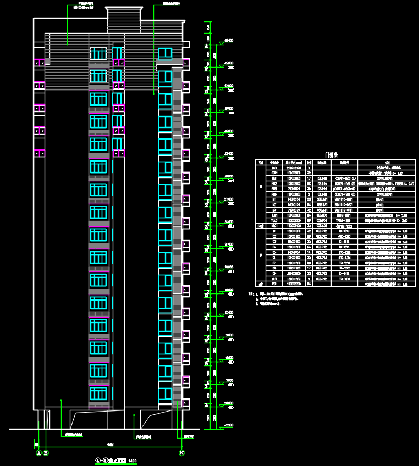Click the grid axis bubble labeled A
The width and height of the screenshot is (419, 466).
tap(38, 453)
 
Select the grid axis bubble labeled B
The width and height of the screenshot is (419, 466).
tap(46, 453)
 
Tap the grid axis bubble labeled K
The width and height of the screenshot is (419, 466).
tap(181, 453)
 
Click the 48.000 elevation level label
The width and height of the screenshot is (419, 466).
tap(229, 41)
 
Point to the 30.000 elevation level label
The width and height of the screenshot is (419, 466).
tap(229, 176)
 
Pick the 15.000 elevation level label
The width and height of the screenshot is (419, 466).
tap(229, 290)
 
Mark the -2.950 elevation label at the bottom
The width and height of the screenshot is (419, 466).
tap(229, 425)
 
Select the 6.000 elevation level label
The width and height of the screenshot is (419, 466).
tap(229, 357)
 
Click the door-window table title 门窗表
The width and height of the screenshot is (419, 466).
tap(333, 155)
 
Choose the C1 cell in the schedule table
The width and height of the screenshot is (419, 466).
tap(274, 231)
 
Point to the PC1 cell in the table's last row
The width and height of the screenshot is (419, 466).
tap(274, 285)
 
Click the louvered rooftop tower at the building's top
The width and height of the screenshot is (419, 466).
tap(123, 21)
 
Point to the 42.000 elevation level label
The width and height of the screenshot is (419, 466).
tap(229, 86)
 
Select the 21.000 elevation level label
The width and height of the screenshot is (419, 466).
tap(229, 245)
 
